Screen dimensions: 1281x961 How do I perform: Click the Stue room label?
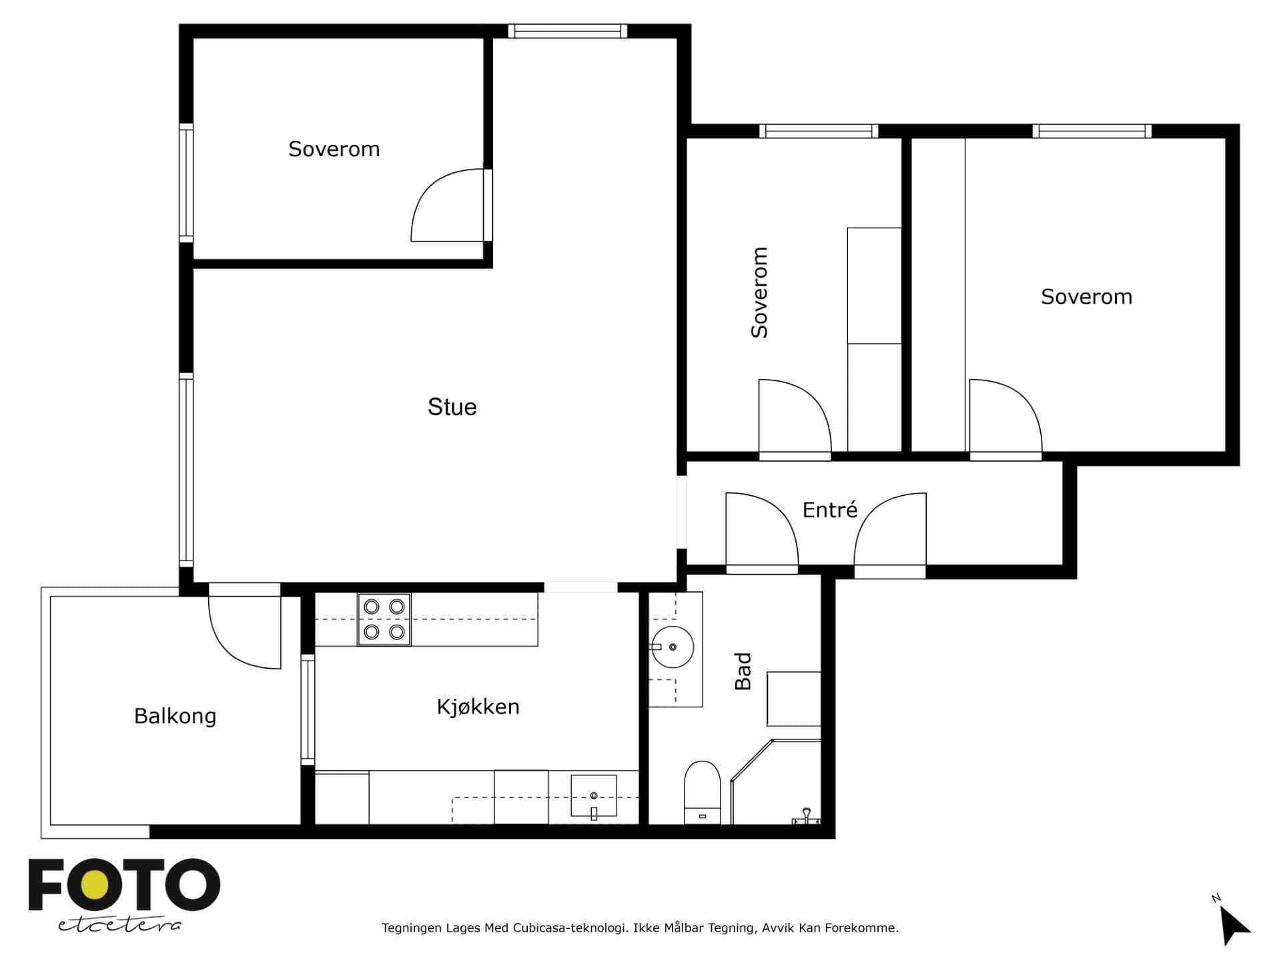pos(452,407)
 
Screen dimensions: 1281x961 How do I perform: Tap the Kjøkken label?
pos(478,707)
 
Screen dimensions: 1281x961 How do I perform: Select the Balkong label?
pos(175,716)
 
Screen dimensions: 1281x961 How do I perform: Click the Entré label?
pos(829,510)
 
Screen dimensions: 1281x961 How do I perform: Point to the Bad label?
pos(743,671)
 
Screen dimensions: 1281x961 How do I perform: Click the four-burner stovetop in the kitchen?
pos(384,619)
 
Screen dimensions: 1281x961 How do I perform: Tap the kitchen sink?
pos(593,796)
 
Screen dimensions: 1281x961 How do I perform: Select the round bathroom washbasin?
pos(672,647)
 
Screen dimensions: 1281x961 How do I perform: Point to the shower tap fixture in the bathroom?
pos(806,816)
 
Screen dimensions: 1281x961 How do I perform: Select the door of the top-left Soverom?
pos(448,204)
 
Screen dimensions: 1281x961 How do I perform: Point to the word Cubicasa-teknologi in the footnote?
pos(569,928)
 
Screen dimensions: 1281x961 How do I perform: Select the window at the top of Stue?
pos(567,31)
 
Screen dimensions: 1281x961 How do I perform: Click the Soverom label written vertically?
pos(759,292)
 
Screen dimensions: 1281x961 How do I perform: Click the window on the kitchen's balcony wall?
pos(308,709)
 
